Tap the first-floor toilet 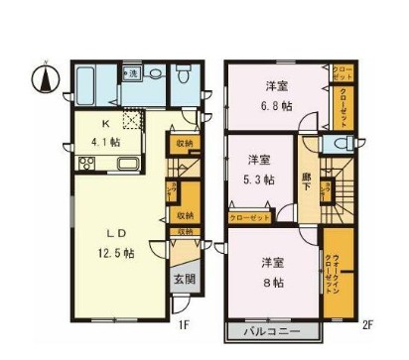(x=184, y=77)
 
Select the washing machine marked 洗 (x=131, y=73)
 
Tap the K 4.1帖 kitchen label (x=107, y=134)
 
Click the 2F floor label (x=366, y=323)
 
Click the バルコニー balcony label (x=273, y=331)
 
